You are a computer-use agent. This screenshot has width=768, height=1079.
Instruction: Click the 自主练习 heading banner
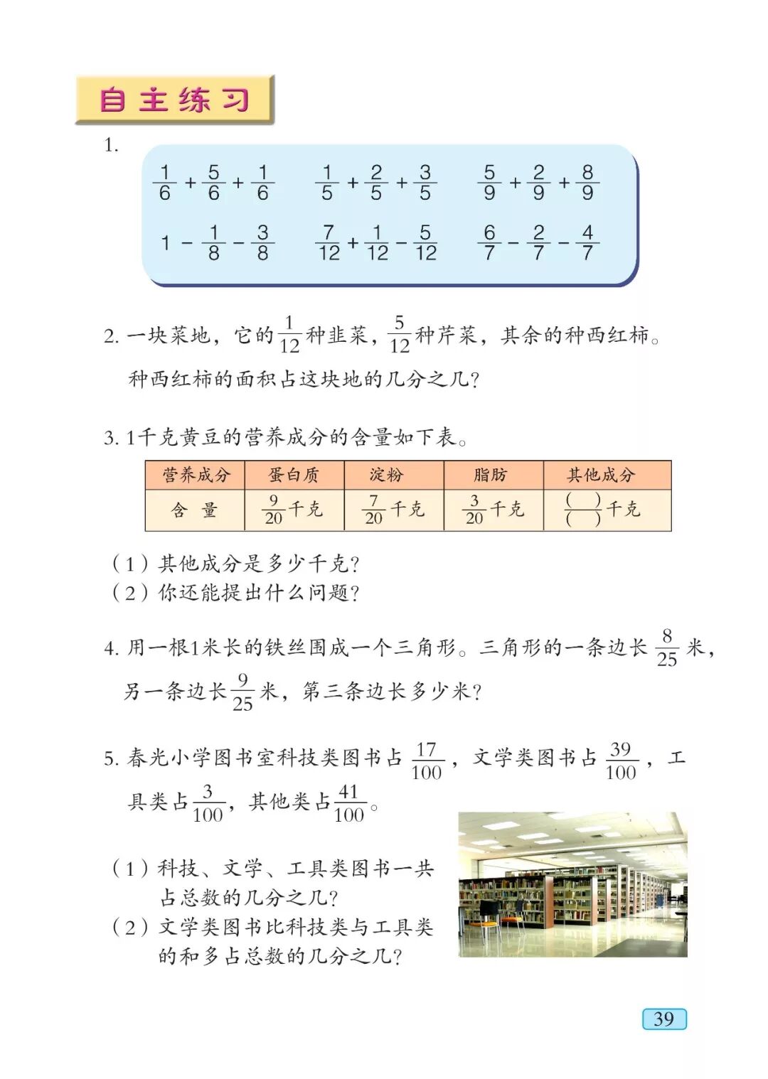coord(174,100)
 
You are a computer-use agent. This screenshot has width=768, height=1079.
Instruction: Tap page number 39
coord(664,1019)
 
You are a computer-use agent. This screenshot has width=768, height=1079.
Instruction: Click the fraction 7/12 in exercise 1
coord(329,243)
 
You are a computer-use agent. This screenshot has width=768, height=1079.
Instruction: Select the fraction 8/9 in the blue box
coord(587,183)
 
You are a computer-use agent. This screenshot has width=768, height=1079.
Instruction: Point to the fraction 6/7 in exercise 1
coord(489,243)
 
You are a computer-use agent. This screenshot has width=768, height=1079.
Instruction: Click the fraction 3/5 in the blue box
coord(425,183)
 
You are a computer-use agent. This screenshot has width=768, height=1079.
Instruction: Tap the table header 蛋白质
coord(294,475)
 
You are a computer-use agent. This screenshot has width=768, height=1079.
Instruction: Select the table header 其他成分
coord(601,475)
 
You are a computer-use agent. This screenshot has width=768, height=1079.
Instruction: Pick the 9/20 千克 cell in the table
coord(293,510)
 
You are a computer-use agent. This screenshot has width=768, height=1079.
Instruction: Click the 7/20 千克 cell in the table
coord(393,510)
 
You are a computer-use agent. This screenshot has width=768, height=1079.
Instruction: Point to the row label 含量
coord(193,510)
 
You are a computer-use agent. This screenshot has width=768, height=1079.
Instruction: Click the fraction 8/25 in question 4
coord(667,648)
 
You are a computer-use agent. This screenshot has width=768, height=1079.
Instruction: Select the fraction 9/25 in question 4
coord(242,692)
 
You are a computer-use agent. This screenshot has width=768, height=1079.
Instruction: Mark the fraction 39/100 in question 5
coord(621,761)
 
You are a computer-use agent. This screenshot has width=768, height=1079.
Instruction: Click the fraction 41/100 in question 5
coord(348,803)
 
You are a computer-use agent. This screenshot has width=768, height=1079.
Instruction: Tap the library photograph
coord(572,884)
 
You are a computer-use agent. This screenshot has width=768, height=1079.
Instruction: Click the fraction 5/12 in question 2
coord(400,334)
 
